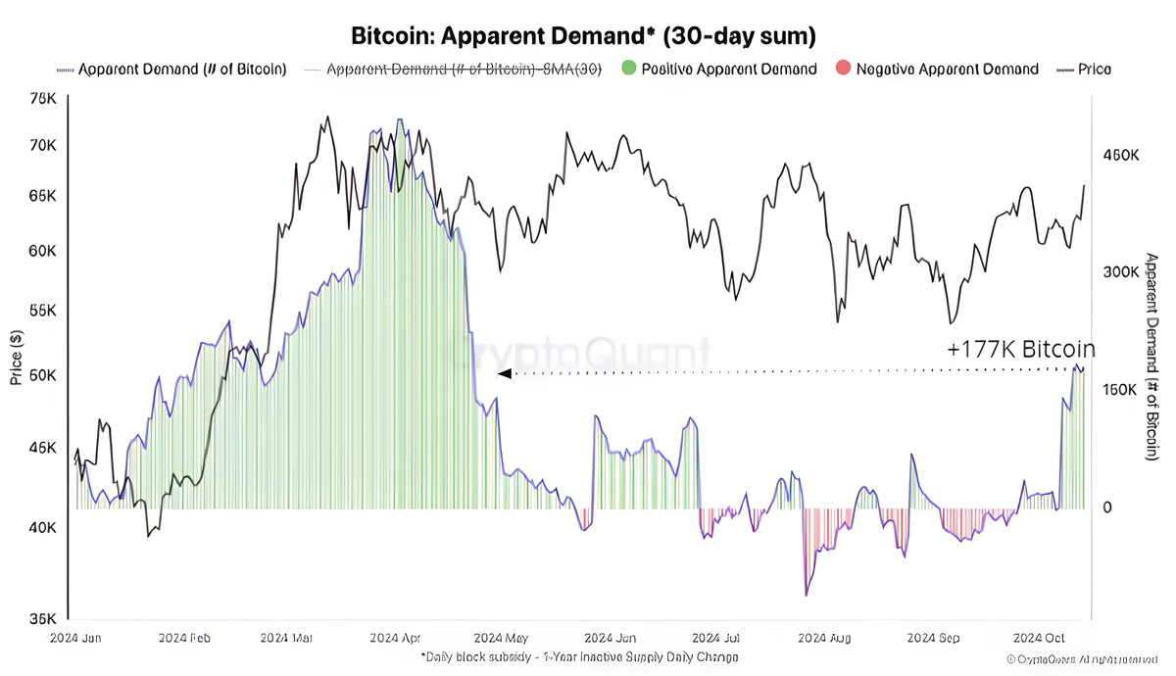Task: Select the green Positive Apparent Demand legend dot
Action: point(628,69)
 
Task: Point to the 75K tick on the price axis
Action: point(43,99)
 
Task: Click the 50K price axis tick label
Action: point(43,376)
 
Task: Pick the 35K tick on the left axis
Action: point(43,618)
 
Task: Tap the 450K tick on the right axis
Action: point(1121,156)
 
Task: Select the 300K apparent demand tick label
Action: point(1121,272)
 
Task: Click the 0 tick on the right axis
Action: point(1107,507)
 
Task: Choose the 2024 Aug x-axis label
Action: point(825,638)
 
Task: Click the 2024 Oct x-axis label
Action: point(1040,638)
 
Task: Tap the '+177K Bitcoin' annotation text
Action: point(1021,349)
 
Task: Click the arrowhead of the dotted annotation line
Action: point(504,373)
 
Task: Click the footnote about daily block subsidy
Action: point(579,656)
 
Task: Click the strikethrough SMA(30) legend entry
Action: point(463,70)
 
